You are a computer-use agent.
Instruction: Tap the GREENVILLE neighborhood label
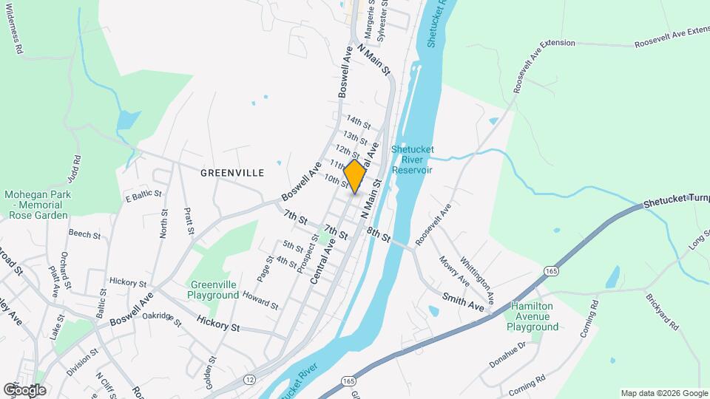(x=232, y=172)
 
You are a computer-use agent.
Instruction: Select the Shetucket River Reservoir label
(x=412, y=160)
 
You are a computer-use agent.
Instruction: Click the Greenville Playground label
(x=214, y=290)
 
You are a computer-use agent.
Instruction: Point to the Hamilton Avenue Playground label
(x=532, y=316)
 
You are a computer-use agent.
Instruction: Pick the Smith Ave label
(x=463, y=301)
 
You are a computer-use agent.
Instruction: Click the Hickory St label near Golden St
(x=218, y=323)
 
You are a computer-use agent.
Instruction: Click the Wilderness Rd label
(x=13, y=28)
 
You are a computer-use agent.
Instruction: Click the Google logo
(x=24, y=389)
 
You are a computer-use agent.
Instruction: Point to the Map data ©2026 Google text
(x=663, y=393)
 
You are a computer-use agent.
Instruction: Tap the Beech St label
(x=84, y=234)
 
